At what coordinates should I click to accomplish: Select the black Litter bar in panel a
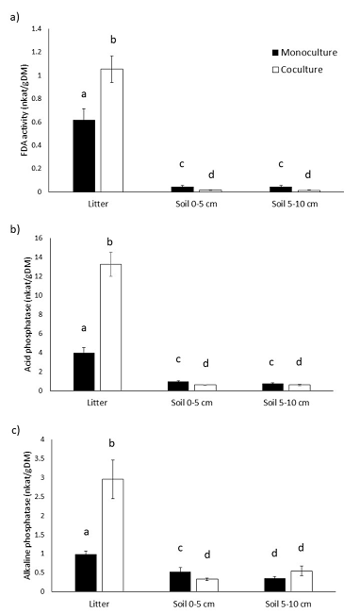point(84,156)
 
